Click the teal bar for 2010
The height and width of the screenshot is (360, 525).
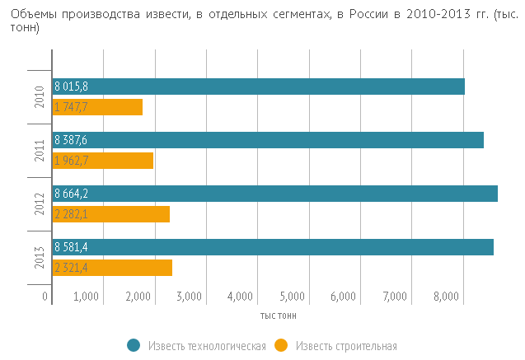coord(258,86)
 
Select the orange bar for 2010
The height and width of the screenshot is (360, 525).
coord(97,107)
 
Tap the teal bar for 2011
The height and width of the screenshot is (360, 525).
coord(267,140)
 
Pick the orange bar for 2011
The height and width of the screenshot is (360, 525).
coord(102,161)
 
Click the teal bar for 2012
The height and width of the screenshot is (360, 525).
coord(274,194)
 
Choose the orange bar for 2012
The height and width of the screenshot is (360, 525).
coord(110,214)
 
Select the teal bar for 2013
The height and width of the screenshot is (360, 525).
coord(272,247)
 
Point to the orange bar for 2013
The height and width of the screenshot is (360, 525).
coord(112,268)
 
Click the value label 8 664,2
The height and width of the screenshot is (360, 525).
coord(71,194)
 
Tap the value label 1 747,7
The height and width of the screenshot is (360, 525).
coord(71,107)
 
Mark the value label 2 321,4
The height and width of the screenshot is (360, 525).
coord(71,268)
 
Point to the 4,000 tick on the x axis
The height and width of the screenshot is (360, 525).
coord(240,297)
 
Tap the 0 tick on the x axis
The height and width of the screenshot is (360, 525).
coord(45,297)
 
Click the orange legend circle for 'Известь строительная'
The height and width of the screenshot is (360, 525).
coord(282,345)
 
